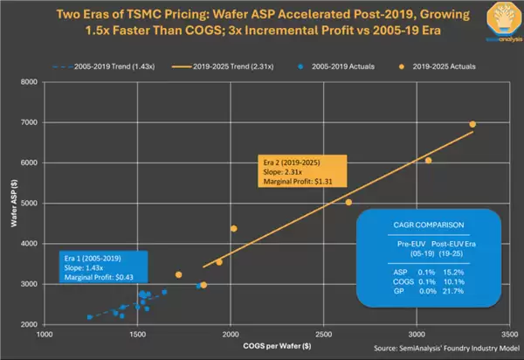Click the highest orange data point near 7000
(x=472, y=124)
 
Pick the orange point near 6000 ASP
(x=428, y=160)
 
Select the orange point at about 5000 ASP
(x=348, y=202)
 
